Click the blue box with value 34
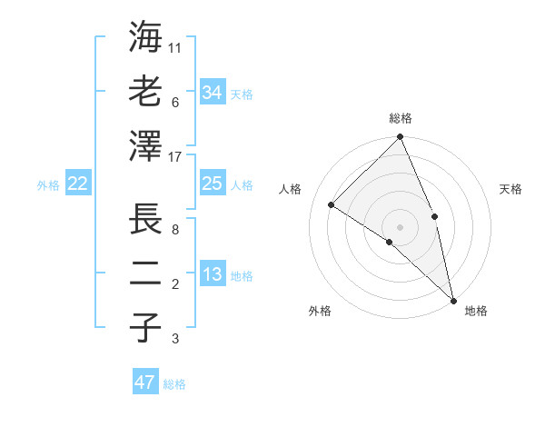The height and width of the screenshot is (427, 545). (x=213, y=92)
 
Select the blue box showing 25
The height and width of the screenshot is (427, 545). (x=213, y=184)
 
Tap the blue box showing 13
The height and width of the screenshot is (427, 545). (x=213, y=274)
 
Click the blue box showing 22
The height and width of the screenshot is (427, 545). (x=78, y=184)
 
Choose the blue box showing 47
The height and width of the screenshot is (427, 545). (x=145, y=382)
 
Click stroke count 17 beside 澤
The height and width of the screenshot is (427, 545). (x=175, y=157)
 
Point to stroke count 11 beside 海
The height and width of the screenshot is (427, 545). (x=175, y=46)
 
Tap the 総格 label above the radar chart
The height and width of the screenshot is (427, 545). (x=401, y=118)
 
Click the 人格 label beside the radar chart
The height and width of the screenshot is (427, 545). (x=291, y=189)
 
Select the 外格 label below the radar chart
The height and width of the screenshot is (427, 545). (x=320, y=311)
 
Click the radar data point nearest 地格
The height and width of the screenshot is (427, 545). (x=453, y=299)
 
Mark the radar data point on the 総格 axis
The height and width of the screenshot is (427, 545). (x=401, y=138)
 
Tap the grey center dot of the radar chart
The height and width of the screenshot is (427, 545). (x=401, y=226)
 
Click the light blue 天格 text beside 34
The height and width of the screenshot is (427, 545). (x=243, y=94)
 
